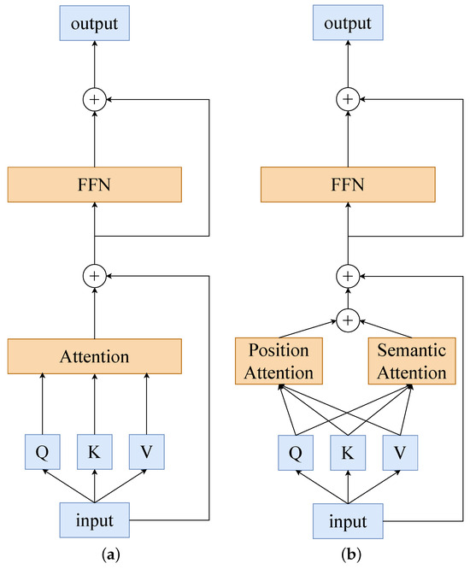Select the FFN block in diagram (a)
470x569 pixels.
[x=94, y=184]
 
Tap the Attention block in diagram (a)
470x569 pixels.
[x=94, y=355]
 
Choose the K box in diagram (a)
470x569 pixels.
[x=94, y=451]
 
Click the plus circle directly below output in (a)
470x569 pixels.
[x=94, y=99]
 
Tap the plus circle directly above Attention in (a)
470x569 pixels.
[x=94, y=276]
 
